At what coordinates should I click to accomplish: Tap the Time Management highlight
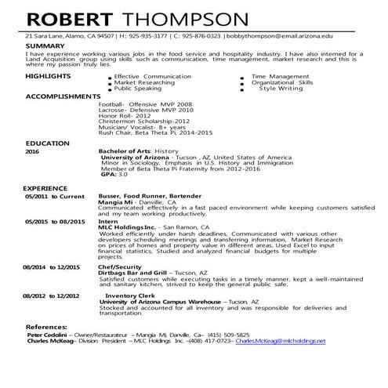[280, 76]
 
